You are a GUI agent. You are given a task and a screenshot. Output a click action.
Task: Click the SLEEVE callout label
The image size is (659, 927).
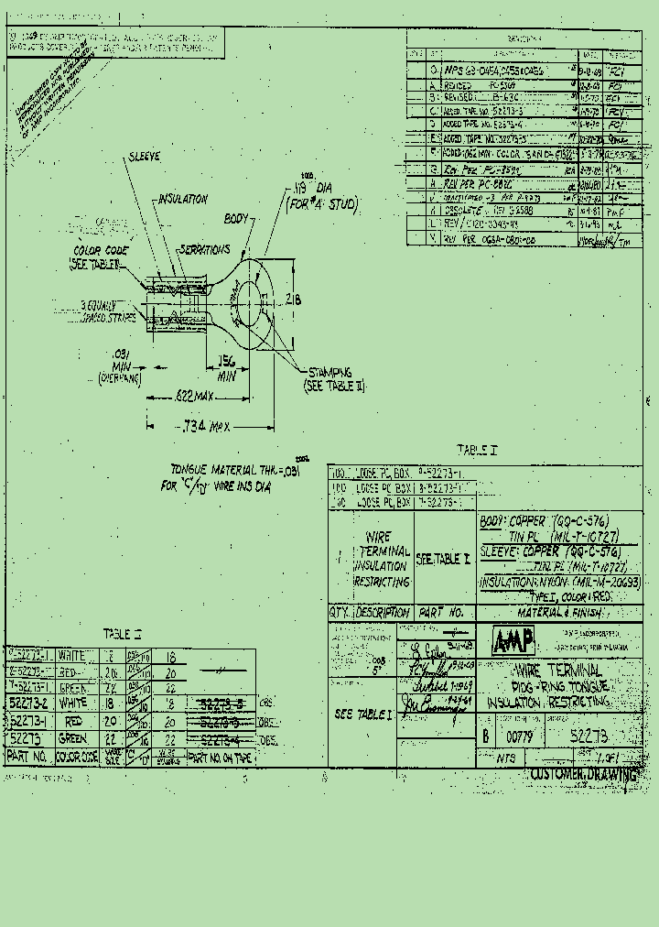144,157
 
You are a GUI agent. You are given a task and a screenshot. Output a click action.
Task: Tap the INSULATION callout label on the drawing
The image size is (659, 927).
183,199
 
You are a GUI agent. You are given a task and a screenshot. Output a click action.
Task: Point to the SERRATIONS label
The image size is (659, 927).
203,249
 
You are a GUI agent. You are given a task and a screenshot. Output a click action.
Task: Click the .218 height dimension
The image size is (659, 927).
294,299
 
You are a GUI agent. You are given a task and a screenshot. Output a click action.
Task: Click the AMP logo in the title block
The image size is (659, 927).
513,640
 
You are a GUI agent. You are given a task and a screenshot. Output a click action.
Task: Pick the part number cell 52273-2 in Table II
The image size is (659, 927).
28,703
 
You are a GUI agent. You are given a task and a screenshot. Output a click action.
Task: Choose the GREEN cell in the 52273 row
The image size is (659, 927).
73,738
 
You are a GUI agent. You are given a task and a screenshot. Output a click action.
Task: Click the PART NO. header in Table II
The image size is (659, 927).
28,757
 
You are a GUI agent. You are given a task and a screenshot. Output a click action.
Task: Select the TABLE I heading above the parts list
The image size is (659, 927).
476,451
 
